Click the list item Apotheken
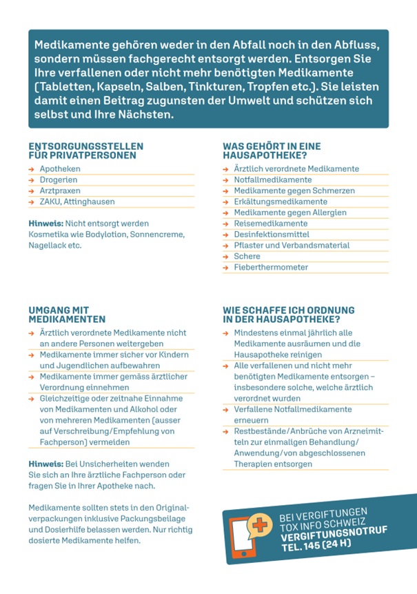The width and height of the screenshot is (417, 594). (x=60, y=169)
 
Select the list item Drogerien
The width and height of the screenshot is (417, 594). (x=59, y=180)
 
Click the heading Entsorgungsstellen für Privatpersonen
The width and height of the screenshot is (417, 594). (x=85, y=150)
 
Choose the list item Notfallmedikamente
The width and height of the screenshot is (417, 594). (x=273, y=180)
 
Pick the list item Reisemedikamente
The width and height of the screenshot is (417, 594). (x=270, y=224)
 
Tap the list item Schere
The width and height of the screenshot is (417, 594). (x=247, y=257)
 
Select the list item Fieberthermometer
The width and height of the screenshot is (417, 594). (x=271, y=268)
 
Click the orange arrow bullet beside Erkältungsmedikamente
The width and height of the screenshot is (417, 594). (x=226, y=202)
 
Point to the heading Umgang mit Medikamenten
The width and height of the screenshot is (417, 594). (x=67, y=315)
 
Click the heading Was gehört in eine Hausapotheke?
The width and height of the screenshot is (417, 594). (x=272, y=150)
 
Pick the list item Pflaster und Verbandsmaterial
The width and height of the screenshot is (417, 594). (x=292, y=246)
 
